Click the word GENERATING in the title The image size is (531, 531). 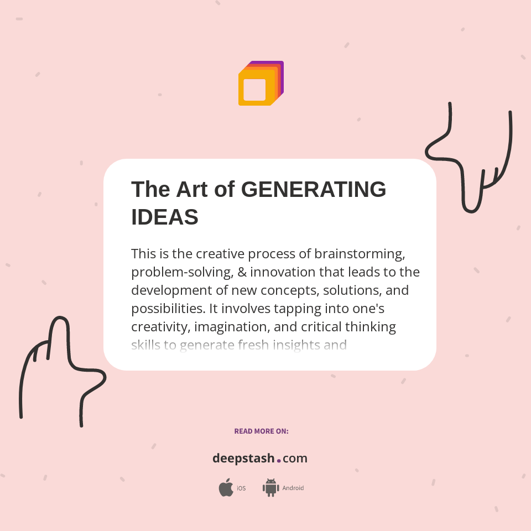coord(314,190)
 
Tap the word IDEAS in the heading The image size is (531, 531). coord(164,217)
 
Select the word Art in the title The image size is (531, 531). coord(191,190)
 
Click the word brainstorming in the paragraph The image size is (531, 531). coord(360,254)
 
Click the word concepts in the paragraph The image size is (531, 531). coord(287,290)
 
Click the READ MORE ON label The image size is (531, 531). coord(261,431)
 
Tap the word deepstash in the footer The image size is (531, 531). coord(243,459)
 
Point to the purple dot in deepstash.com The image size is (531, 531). coord(279,460)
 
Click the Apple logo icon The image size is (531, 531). coord(226,488)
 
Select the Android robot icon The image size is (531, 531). coord(270,488)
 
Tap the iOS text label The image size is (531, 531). coord(241,488)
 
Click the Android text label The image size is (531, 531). coord(293,488)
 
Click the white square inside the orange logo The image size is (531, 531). coord(254,90)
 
